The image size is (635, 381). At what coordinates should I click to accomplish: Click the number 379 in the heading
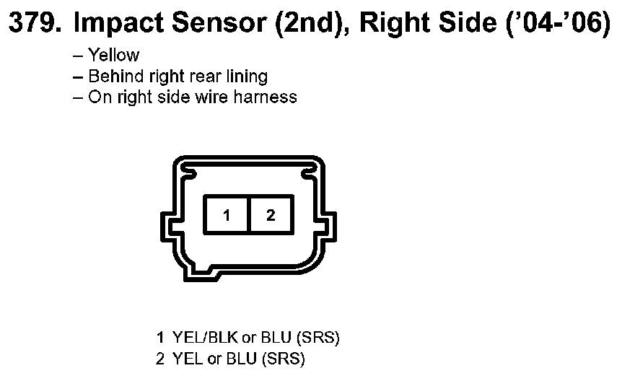35,22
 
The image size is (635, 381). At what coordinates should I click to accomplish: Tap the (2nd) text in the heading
312,24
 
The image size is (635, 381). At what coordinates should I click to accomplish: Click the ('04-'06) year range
559,24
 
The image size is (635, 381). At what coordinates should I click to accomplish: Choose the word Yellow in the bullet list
114,55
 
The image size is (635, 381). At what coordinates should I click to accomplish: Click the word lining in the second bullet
247,76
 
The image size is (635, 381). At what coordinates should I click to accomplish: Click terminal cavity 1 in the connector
226,214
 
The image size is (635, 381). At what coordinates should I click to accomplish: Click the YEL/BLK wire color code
205,337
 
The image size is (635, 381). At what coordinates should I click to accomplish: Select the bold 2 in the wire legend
160,359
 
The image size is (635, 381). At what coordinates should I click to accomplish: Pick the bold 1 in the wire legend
161,337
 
